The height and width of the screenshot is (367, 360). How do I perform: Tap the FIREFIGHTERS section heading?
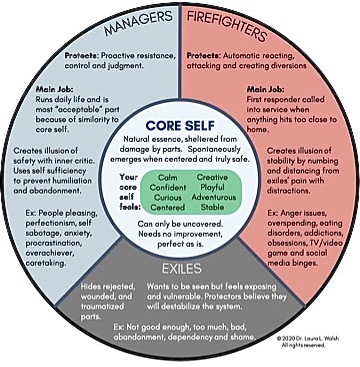(x=227, y=26)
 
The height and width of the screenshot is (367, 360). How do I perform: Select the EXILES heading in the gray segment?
(x=181, y=268)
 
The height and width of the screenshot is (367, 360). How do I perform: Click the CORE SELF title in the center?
(x=180, y=125)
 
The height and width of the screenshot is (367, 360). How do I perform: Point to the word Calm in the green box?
(x=167, y=177)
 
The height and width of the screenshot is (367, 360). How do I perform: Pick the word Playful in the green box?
(x=212, y=187)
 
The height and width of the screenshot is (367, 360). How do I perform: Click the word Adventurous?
(x=214, y=197)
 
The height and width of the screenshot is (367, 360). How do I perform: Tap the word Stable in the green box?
(x=212, y=207)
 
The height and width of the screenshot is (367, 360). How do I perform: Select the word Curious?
(x=168, y=197)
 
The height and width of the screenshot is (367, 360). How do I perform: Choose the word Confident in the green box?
(x=168, y=187)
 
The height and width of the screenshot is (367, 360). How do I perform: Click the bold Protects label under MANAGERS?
(x=81, y=56)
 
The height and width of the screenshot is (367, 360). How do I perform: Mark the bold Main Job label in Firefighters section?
(x=265, y=89)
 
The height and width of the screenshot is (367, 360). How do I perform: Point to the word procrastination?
(x=53, y=243)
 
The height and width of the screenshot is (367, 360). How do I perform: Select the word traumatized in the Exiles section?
(x=102, y=306)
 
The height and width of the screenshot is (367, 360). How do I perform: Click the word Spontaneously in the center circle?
(x=214, y=149)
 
